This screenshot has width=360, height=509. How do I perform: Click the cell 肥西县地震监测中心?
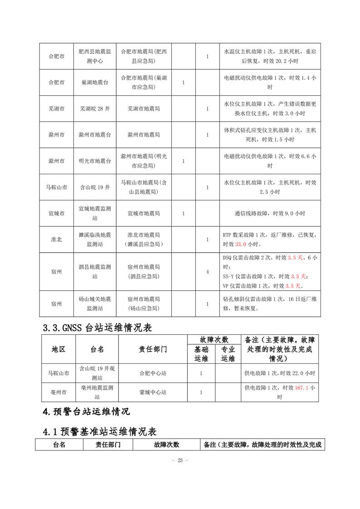coord(95,56)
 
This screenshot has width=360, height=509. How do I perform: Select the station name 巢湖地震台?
coord(95,83)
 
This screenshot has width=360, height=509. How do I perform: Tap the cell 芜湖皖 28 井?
coord(95,109)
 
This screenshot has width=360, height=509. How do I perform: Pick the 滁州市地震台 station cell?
coord(95,135)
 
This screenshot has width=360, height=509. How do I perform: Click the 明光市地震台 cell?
coord(95,161)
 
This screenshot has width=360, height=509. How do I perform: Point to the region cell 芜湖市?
coord(57,109)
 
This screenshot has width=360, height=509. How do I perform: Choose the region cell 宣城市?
coord(57,213)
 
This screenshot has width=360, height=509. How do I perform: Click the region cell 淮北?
coord(57,239)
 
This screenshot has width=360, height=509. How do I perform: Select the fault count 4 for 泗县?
coord(207,272)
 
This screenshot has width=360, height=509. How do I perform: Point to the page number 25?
coord(180,460)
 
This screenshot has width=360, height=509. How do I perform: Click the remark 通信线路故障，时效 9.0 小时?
coord(270,213)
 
